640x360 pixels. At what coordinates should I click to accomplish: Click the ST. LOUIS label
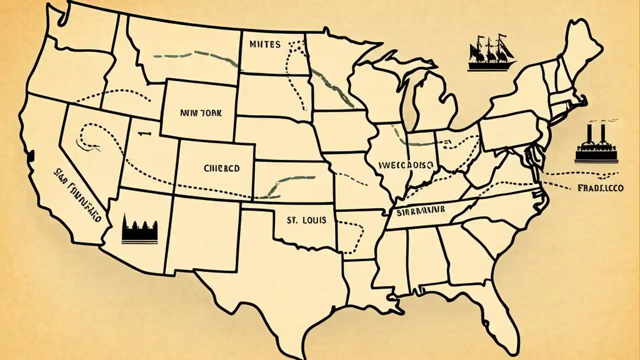tap(306, 220)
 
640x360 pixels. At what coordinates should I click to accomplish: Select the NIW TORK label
tap(198, 113)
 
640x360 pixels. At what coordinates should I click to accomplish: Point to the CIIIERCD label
tap(222, 169)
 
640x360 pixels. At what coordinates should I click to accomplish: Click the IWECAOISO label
tap(406, 164)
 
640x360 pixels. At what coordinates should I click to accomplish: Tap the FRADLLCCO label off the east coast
tap(600, 189)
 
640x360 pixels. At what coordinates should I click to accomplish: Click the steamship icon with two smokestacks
tap(595, 145)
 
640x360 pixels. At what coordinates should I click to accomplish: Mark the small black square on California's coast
tap(31, 155)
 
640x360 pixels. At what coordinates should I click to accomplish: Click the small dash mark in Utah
tap(145, 133)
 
